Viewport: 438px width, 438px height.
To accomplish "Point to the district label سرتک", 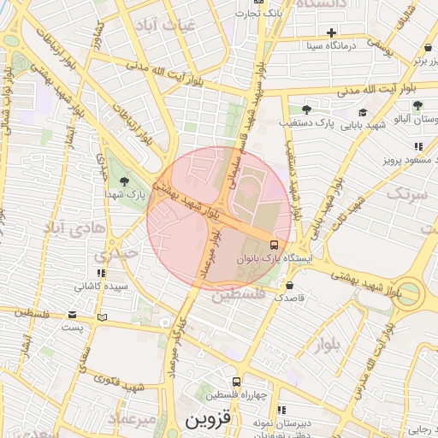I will pyautogui.click(x=405, y=194).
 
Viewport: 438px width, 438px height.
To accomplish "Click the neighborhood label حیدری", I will pyautogui.click(x=116, y=254).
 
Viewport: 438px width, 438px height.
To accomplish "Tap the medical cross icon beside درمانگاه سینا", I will pyautogui.click(x=331, y=33).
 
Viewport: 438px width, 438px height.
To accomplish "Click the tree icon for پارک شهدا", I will pyautogui.click(x=126, y=181).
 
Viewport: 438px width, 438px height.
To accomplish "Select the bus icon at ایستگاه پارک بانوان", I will pyautogui.click(x=274, y=243).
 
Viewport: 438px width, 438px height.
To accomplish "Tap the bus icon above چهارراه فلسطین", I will pyautogui.click(x=237, y=382).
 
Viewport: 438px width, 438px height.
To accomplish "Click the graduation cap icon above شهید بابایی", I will pyautogui.click(x=363, y=112).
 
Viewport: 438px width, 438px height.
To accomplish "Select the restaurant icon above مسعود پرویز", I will pyautogui.click(x=417, y=146).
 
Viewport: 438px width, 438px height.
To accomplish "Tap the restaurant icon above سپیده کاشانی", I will pyautogui.click(x=101, y=273).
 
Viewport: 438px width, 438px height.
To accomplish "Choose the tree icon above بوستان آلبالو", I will pyautogui.click(x=417, y=106).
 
